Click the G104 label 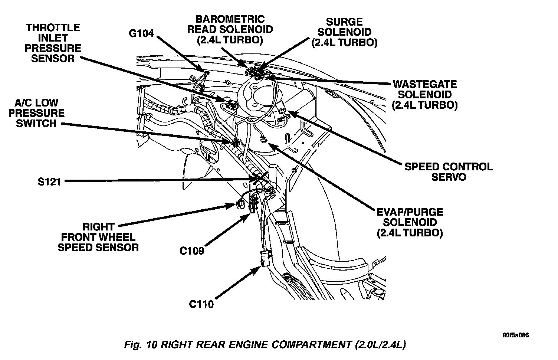click(141, 33)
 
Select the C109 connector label click(192, 251)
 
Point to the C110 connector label click(201, 304)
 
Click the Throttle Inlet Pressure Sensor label click(53, 43)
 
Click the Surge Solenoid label click(344, 32)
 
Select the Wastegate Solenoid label click(425, 95)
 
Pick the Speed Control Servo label click(449, 171)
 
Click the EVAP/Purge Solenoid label click(409, 222)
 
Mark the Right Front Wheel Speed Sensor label click(98, 237)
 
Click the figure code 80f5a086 click(516, 335)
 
